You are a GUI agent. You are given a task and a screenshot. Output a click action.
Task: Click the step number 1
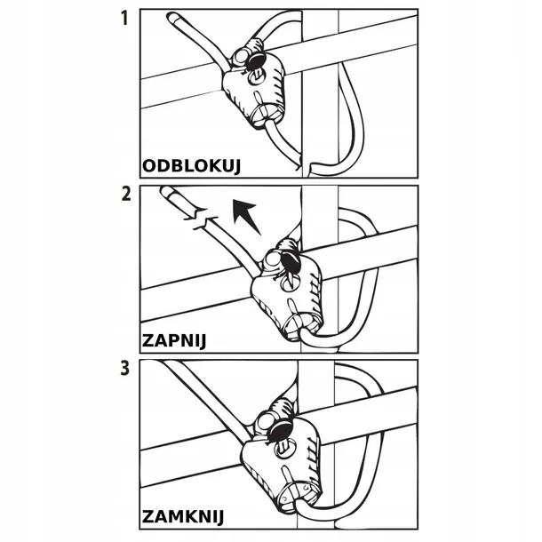coord(126,17)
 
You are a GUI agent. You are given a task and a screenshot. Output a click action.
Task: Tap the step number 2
coord(126,193)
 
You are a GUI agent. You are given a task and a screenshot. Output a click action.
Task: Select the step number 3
coord(126,367)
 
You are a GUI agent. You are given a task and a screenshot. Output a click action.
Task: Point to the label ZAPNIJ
coord(178,339)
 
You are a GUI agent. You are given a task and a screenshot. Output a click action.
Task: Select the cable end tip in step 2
coord(166,193)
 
